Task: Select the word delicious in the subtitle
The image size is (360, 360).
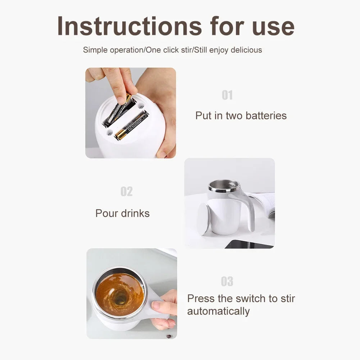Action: [x=246, y=50]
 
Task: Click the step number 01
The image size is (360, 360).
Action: [x=227, y=95]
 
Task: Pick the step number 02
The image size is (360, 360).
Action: [x=127, y=192]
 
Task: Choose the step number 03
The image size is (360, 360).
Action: [x=227, y=282]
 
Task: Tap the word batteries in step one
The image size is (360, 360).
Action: [x=266, y=115]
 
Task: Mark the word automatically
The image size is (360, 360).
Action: [x=218, y=311]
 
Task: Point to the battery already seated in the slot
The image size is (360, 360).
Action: [x=132, y=126]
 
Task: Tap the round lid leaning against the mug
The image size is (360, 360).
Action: [x=204, y=219]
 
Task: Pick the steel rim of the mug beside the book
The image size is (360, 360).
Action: [x=224, y=186]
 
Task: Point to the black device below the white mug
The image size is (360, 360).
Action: [x=248, y=244]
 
